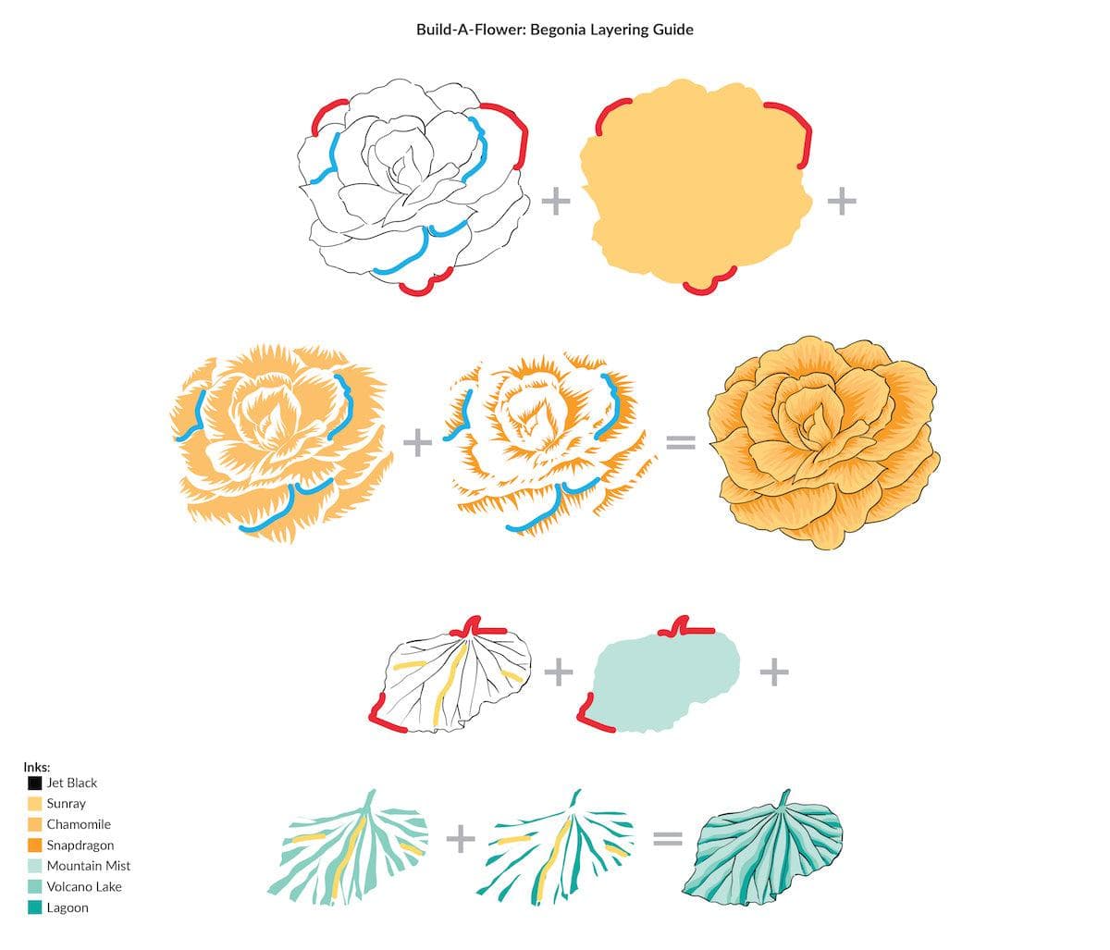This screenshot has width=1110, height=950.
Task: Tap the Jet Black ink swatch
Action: (34, 783)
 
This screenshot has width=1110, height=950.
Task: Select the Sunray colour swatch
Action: (34, 804)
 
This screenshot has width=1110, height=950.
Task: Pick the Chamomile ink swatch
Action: (34, 825)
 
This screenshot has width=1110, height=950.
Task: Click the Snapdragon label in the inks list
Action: (80, 845)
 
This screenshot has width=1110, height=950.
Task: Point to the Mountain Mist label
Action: (89, 866)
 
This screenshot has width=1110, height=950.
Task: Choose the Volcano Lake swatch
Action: (34, 887)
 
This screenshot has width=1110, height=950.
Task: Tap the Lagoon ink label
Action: (68, 908)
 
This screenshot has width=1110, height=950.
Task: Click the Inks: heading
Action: (36, 767)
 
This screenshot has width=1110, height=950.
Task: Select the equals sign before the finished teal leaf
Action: (668, 838)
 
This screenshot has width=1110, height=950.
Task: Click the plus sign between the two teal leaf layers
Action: (461, 838)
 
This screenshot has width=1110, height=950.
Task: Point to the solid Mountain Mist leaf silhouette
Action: (666, 681)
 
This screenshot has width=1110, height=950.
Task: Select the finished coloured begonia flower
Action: (824, 443)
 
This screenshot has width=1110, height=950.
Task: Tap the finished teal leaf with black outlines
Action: (762, 848)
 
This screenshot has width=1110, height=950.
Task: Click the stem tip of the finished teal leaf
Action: (788, 791)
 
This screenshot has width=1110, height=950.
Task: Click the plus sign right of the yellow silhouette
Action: (842, 202)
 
